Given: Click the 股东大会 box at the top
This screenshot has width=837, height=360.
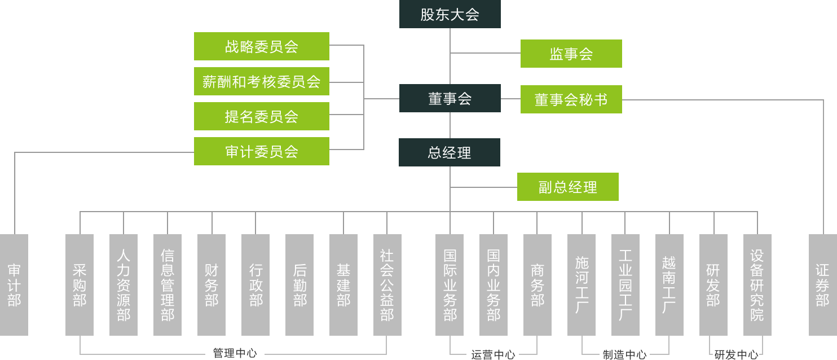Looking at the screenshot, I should click(x=450, y=14).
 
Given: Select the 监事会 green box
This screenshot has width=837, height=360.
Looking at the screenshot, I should click(x=571, y=54).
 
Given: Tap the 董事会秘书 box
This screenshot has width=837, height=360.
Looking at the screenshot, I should click(x=571, y=99).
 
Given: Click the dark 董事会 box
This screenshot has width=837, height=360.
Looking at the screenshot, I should click(x=450, y=98).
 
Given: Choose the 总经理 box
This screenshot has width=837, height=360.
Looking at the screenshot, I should click(x=449, y=152).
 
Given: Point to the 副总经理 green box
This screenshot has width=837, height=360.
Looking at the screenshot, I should click(x=567, y=187).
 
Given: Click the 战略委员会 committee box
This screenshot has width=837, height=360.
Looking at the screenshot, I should click(x=261, y=46).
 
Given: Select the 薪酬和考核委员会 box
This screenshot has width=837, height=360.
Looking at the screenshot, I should click(x=261, y=81).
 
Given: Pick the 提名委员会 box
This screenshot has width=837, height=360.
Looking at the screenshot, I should click(x=261, y=116).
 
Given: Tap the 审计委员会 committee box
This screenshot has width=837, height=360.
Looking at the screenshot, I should click(x=261, y=151).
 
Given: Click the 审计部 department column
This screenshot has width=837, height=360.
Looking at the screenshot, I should click(x=14, y=285).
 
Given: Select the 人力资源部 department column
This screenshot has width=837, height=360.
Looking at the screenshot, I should click(x=124, y=285).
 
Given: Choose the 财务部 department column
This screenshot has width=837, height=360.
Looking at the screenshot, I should click(x=212, y=285).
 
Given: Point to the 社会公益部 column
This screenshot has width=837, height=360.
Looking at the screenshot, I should click(x=387, y=285).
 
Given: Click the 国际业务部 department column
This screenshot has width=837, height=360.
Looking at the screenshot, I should click(x=450, y=285).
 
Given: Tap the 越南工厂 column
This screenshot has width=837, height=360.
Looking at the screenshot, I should click(x=669, y=285).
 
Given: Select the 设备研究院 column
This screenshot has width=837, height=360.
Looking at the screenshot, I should click(x=757, y=285).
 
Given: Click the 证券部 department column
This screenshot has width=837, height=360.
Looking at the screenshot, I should click(x=822, y=285).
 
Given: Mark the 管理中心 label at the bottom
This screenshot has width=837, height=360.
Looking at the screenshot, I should click(x=235, y=353).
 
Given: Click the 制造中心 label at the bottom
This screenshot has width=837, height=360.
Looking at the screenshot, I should click(x=624, y=354).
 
